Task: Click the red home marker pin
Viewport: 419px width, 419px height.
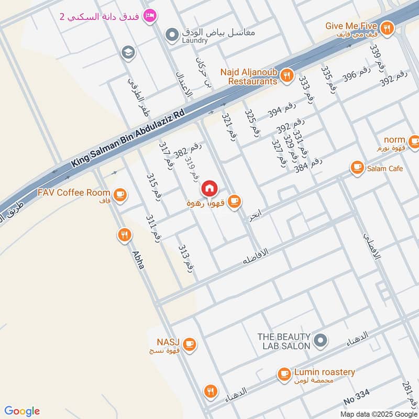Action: (x=209, y=187)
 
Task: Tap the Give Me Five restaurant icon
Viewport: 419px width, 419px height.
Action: (x=387, y=28)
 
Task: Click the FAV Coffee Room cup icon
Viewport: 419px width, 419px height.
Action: (x=120, y=195)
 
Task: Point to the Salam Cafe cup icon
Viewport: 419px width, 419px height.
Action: (x=357, y=168)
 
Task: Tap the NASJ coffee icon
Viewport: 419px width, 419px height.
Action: (x=190, y=344)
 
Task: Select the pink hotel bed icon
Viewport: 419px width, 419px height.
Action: (x=150, y=16)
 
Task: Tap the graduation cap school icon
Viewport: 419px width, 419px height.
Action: (x=126, y=52)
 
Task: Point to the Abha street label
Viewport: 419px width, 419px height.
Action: (x=138, y=258)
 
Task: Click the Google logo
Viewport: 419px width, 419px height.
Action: (x=22, y=411)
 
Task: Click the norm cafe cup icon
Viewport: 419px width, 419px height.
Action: (x=414, y=140)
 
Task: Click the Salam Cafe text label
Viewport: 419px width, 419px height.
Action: (x=385, y=168)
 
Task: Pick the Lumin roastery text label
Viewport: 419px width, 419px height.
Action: (x=324, y=372)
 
